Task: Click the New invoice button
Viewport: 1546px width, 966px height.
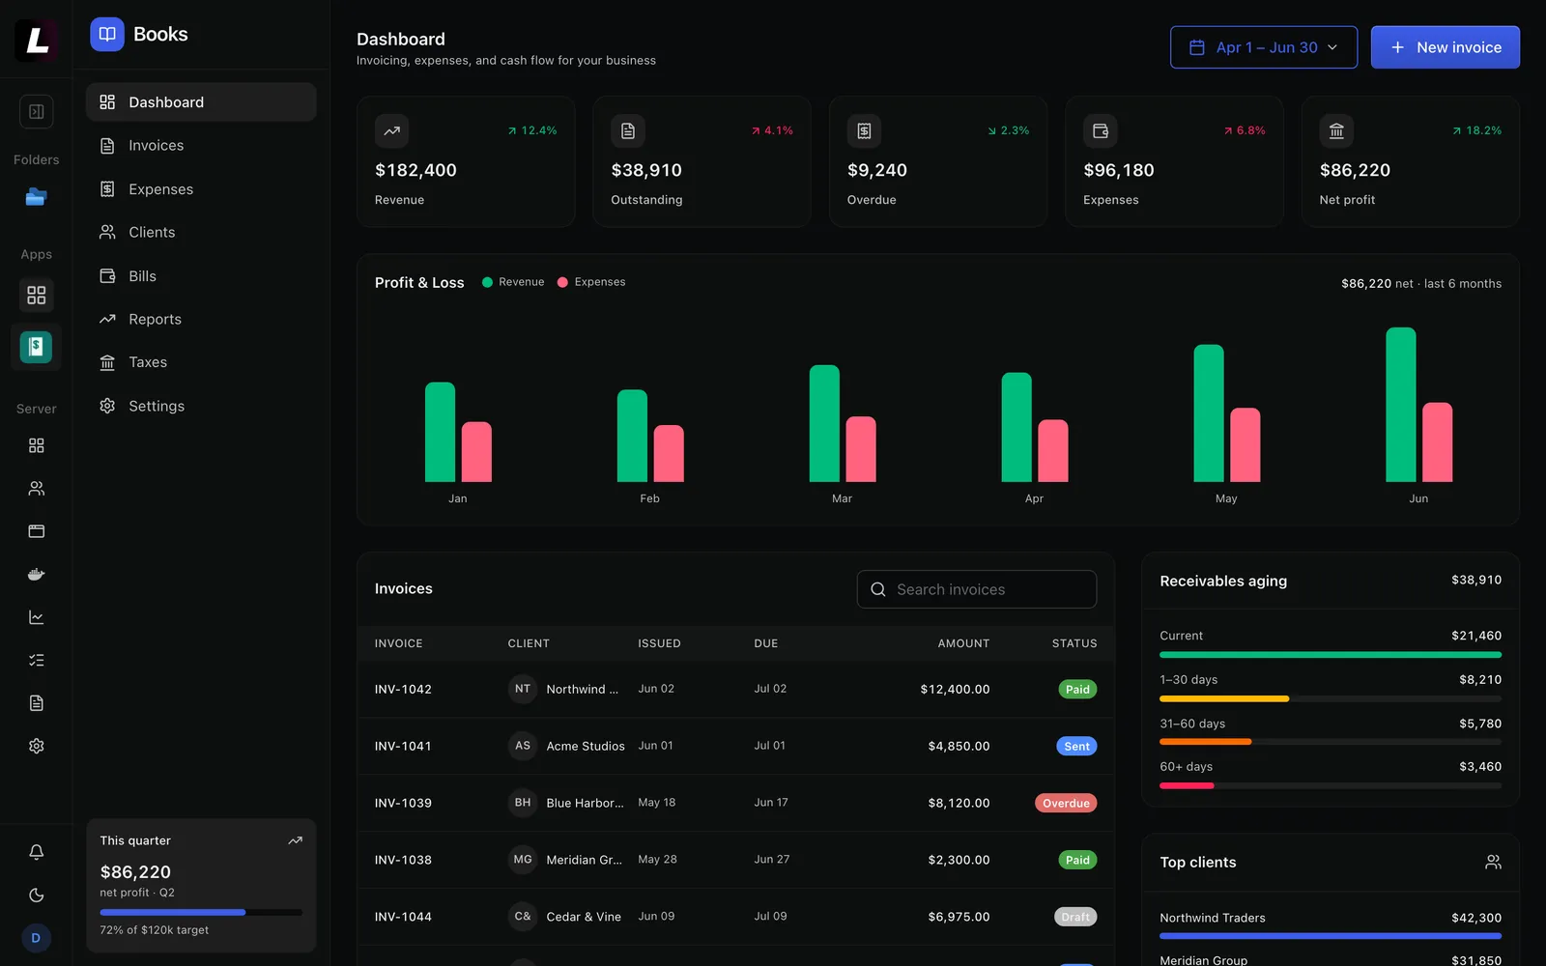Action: pyautogui.click(x=1445, y=47)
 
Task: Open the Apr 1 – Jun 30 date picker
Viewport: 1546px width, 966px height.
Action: pyautogui.click(x=1263, y=47)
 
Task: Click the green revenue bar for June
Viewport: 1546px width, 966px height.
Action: pyautogui.click(x=1400, y=405)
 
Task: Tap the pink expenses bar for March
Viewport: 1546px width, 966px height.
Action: pyautogui.click(x=861, y=449)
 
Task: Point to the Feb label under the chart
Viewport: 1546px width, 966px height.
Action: pyautogui.click(x=649, y=498)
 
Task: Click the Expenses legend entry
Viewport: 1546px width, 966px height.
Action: pyautogui.click(x=591, y=282)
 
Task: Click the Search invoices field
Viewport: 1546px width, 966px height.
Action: pyautogui.click(x=977, y=589)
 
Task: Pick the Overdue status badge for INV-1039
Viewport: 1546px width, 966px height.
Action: pyautogui.click(x=1066, y=803)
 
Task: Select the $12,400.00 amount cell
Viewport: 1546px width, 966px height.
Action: pyautogui.click(x=955, y=690)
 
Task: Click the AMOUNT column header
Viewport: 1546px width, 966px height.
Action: pyautogui.click(x=963, y=643)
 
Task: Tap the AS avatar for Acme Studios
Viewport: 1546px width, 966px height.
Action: pyautogui.click(x=523, y=746)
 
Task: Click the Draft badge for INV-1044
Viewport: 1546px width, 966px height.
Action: pyautogui.click(x=1075, y=917)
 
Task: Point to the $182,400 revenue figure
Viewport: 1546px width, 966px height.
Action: pyautogui.click(x=415, y=170)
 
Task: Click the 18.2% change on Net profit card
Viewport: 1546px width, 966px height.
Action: pyautogui.click(x=1476, y=130)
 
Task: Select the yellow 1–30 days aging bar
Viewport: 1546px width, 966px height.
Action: pyautogui.click(x=1223, y=699)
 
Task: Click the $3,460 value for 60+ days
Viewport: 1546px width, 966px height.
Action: pyautogui.click(x=1479, y=767)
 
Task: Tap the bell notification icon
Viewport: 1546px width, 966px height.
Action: pyautogui.click(x=37, y=852)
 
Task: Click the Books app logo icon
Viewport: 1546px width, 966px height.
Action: pyautogui.click(x=107, y=34)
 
